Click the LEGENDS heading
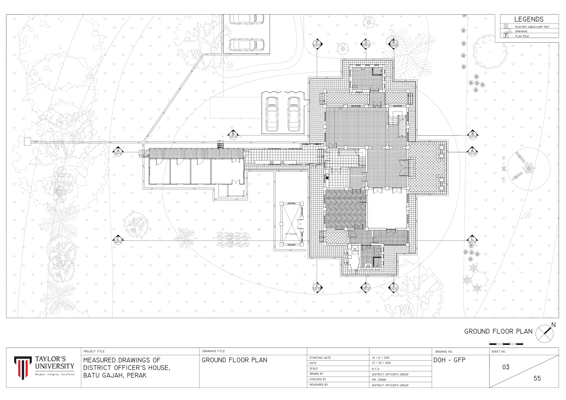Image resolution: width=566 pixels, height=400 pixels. (x=529, y=19)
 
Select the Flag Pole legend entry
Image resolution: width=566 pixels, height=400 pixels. (x=522, y=36)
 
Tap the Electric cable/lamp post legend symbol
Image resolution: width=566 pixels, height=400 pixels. (x=506, y=26)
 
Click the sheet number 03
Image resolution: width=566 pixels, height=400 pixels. (x=506, y=367)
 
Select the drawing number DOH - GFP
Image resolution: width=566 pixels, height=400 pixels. (x=449, y=360)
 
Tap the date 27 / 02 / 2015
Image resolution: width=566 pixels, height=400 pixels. (x=381, y=363)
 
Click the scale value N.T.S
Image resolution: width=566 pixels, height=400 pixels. (x=376, y=369)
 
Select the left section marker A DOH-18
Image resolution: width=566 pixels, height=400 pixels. (x=118, y=152)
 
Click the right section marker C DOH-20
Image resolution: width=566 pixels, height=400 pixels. (x=472, y=240)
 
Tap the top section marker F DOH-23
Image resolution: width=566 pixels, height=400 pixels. (x=317, y=44)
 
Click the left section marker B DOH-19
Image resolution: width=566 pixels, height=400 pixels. (x=233, y=135)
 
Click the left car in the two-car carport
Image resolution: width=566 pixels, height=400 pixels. (x=272, y=114)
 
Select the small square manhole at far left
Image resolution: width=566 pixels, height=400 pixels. (x=27, y=141)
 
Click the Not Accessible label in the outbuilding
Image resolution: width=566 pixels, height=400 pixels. (x=291, y=234)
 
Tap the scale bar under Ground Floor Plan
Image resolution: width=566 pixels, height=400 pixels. (x=506, y=344)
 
